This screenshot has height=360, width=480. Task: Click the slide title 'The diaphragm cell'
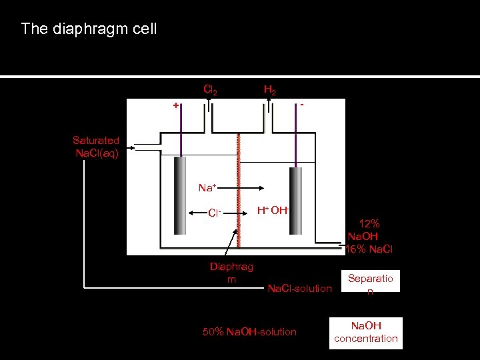pyautogui.click(x=89, y=29)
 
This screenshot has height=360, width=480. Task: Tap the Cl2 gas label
pyautogui.click(x=209, y=89)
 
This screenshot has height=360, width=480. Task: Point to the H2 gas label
pyautogui.click(x=270, y=89)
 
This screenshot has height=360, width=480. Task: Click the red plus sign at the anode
pyautogui.click(x=176, y=105)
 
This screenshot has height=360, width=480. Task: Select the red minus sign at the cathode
pyautogui.click(x=302, y=105)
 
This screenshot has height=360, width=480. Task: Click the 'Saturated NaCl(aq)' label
pyautogui.click(x=96, y=147)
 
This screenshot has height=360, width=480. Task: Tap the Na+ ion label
pyautogui.click(x=208, y=188)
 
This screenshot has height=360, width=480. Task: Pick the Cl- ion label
pyautogui.click(x=214, y=213)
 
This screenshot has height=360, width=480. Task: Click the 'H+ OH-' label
pyautogui.click(x=273, y=211)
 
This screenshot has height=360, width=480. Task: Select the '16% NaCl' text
pyautogui.click(x=369, y=249)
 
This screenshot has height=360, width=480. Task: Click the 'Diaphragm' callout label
pyautogui.click(x=231, y=273)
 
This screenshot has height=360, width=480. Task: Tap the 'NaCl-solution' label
pyautogui.click(x=299, y=288)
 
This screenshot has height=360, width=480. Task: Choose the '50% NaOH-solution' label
pyautogui.click(x=249, y=331)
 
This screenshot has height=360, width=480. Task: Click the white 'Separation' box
pyautogui.click(x=370, y=282)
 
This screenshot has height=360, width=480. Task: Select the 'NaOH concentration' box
pyautogui.click(x=366, y=332)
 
